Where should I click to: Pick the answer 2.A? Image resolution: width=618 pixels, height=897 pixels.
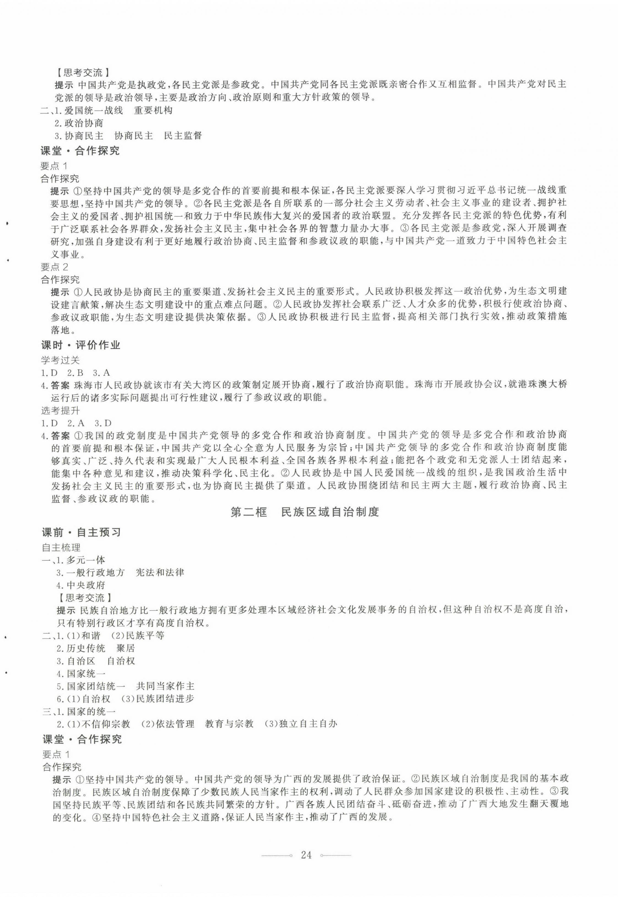coord(76,423)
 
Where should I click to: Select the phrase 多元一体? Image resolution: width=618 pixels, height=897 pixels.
coord(86,560)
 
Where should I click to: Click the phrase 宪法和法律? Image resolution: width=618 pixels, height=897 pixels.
coord(160,573)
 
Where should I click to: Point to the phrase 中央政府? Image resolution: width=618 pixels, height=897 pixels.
coord(86,585)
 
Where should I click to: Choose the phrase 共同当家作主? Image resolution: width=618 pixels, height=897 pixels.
coord(165,686)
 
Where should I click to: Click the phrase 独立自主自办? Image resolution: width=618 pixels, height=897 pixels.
coord(308,724)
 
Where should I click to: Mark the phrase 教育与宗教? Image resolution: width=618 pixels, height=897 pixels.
coord(229,724)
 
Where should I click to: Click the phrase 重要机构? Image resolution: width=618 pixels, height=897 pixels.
coord(153,110)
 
